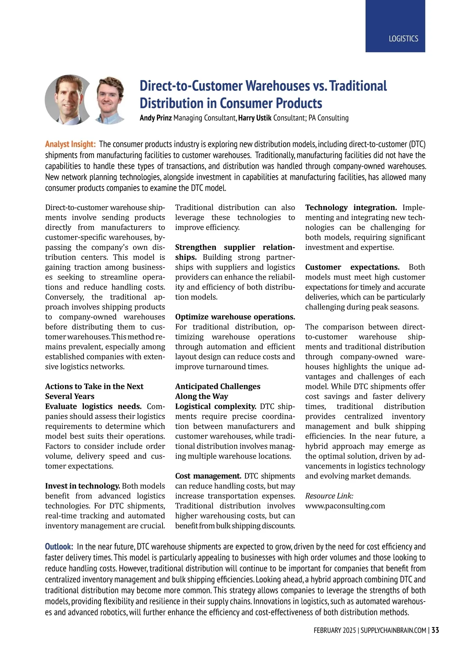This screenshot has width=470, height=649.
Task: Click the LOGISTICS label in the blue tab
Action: click(x=403, y=39)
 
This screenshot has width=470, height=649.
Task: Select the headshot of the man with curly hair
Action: click(x=110, y=99)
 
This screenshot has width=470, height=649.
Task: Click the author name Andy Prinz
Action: click(x=155, y=118)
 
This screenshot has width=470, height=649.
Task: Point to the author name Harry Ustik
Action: click(x=255, y=118)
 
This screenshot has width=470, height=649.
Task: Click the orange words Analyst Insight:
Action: click(x=70, y=144)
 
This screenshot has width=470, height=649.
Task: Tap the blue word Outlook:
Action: click(x=59, y=546)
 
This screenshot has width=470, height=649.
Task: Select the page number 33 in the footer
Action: click(x=435, y=630)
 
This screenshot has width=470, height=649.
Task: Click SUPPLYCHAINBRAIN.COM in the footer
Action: click(x=393, y=630)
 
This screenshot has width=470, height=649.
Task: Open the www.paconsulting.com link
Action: click(x=345, y=506)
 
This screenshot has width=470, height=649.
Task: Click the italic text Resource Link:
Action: click(x=329, y=496)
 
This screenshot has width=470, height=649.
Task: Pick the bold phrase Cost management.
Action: click(x=208, y=476)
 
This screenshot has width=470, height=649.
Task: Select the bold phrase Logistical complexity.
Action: click(x=215, y=406)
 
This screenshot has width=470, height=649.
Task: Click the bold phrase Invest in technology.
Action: click(x=82, y=486)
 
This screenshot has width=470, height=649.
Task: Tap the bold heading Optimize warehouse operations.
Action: click(x=235, y=317)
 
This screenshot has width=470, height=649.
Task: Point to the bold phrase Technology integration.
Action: click(x=351, y=208)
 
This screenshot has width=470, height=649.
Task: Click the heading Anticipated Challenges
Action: click(x=217, y=387)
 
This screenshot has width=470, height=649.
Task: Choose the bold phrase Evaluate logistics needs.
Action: click(x=93, y=406)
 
